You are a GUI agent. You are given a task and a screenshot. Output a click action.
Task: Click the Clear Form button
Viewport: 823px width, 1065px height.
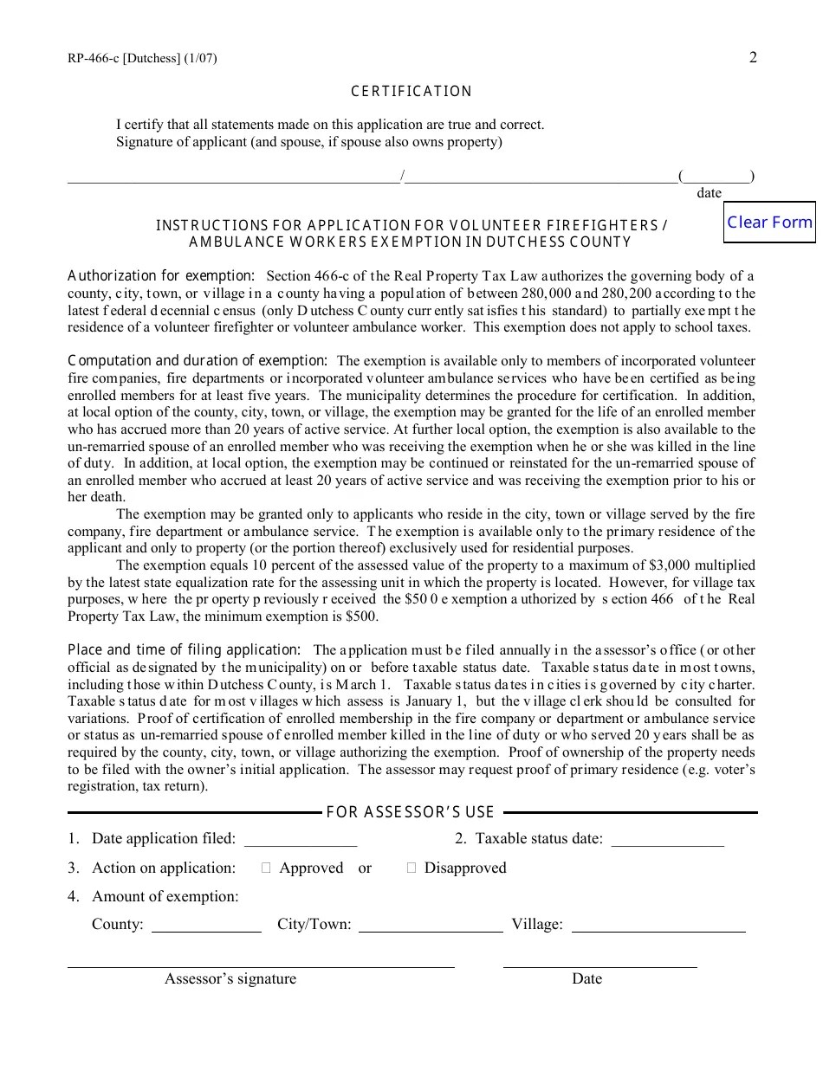pos(769,223)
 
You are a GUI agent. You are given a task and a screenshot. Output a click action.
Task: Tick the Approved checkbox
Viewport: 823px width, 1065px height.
pos(267,868)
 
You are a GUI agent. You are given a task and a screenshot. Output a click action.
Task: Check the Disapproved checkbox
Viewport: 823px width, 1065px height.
pos(411,868)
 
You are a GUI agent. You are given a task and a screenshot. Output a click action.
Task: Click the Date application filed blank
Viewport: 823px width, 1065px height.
pos(301,839)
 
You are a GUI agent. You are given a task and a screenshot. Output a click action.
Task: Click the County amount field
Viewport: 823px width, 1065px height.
pos(206,925)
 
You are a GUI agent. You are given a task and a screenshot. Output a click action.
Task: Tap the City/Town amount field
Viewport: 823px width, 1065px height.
pos(431,925)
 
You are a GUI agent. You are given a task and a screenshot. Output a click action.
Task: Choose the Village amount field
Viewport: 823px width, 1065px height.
pos(658,925)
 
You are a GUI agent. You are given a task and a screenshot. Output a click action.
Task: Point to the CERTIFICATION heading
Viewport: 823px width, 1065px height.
pos(411,92)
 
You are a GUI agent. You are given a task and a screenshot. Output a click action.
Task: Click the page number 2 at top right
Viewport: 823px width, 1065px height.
pos(753,58)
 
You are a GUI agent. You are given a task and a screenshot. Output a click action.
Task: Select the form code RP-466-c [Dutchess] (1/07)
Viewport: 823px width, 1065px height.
pos(142,59)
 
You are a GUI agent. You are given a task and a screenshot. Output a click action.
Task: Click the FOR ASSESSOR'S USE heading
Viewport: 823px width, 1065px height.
pos(411,812)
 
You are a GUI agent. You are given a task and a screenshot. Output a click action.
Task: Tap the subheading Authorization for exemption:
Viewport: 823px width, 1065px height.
pos(161,276)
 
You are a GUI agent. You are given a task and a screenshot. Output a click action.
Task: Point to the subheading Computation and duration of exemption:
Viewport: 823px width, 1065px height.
pos(198,360)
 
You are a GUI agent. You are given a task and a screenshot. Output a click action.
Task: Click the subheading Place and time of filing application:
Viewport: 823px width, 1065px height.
pos(185,649)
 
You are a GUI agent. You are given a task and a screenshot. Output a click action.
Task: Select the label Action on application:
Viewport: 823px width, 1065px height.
pos(164,868)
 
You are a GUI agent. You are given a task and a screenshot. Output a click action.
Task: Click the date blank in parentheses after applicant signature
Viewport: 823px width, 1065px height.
pos(716,177)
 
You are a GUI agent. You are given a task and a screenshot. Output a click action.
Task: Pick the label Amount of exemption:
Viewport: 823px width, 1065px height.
pos(165,896)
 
